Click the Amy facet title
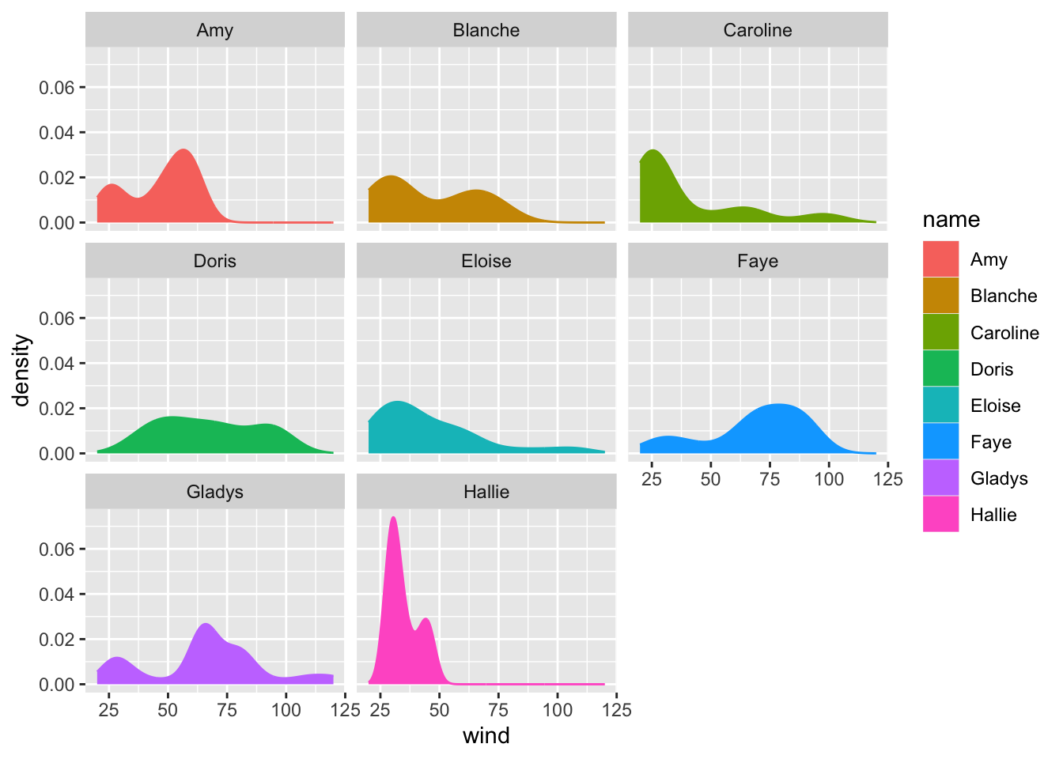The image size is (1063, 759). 214,31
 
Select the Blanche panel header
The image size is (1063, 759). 486,31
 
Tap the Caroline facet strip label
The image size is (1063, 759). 757,31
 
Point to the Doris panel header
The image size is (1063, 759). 214,262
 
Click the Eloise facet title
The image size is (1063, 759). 486,262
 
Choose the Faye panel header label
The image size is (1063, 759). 757,262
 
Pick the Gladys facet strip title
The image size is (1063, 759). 214,493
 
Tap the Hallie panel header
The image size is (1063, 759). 486,493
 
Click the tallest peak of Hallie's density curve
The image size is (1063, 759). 393,518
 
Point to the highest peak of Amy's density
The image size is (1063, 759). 183,150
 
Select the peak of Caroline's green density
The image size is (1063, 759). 653,151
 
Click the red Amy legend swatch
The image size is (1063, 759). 940,259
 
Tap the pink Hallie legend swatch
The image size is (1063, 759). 940,515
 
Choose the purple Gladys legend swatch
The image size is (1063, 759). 940,478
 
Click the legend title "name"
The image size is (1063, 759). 951,220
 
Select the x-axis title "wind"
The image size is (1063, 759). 486,736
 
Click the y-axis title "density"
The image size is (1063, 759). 22,370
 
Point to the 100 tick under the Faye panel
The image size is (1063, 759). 829,479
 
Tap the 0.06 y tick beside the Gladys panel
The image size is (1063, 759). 57,549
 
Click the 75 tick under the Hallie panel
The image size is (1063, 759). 498,710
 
